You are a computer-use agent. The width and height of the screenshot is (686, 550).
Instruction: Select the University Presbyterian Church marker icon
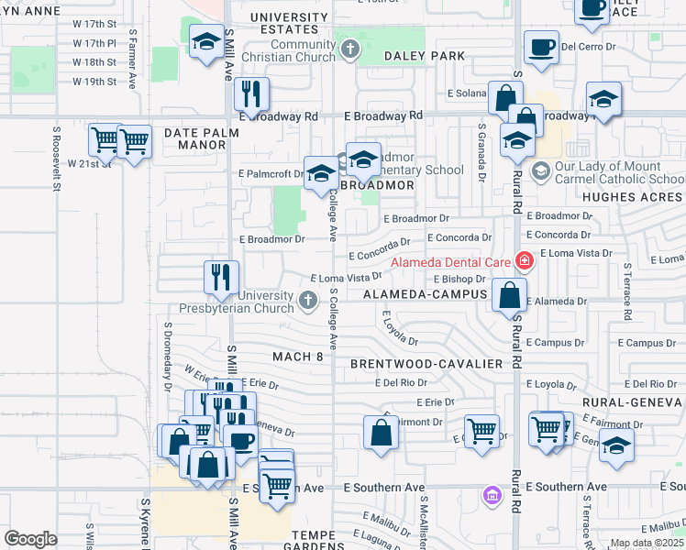(x=308, y=298)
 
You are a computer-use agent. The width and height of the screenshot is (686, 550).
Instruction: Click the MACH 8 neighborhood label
(x=298, y=356)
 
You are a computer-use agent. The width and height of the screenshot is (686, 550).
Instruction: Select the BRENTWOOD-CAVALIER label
(x=426, y=364)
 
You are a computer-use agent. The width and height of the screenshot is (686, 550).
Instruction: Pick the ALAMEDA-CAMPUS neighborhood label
(x=429, y=294)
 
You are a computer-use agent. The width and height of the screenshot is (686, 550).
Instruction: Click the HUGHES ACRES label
(x=632, y=197)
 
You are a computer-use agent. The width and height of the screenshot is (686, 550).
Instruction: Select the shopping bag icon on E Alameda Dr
(x=509, y=294)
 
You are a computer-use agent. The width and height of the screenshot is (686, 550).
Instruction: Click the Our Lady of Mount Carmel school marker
(x=541, y=170)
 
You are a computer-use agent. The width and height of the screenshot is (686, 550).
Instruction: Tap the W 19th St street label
(x=94, y=82)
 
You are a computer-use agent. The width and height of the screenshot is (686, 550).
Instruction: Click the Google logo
(x=30, y=539)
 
